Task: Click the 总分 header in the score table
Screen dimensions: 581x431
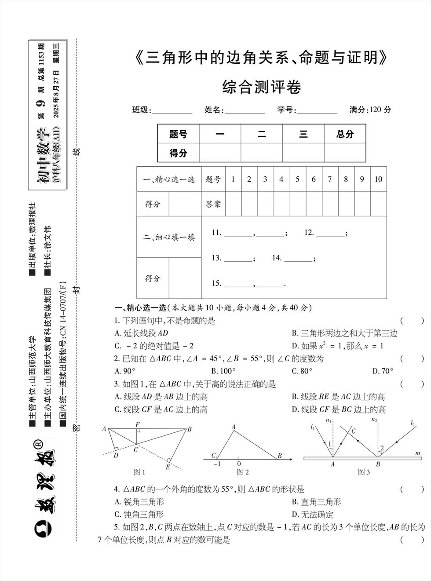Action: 345,135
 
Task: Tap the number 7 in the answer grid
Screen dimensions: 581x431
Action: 329,179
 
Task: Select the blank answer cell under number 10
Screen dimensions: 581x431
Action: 378,204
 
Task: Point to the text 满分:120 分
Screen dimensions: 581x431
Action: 370,110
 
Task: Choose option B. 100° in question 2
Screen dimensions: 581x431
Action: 223,371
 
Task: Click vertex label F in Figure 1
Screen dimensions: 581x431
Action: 138,424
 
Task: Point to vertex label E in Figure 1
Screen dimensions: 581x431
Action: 168,467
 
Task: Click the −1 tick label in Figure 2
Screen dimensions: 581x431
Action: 216,464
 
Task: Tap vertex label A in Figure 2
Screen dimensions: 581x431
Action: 234,427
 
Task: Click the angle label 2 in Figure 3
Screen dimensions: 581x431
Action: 382,448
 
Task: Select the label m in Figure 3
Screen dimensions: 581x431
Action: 417,453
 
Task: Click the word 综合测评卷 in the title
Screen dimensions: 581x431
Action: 262,87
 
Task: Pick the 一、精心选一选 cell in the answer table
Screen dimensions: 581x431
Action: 169,179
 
